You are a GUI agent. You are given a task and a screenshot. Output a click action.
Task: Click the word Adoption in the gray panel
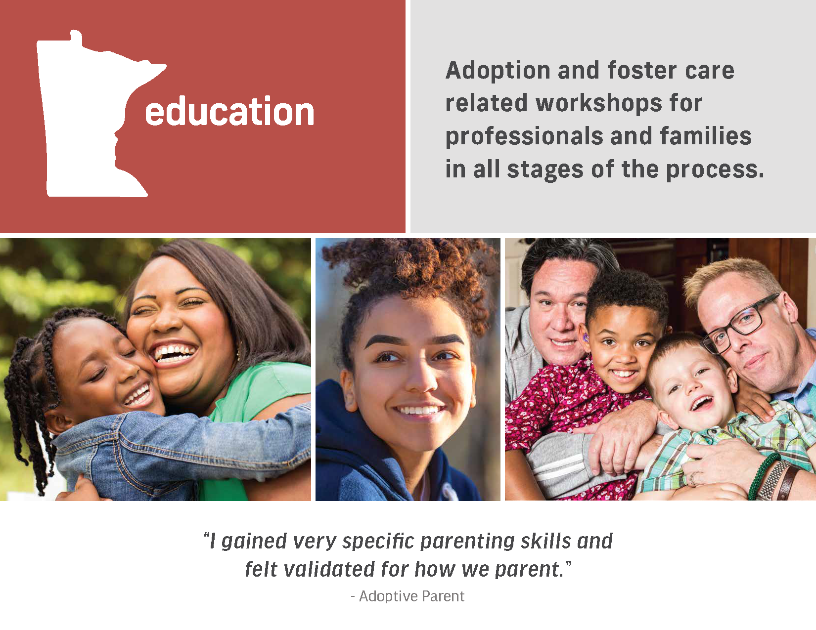(x=498, y=71)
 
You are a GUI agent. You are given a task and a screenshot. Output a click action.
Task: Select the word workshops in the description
(x=598, y=104)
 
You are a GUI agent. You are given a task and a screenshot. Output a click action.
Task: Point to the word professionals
(x=524, y=136)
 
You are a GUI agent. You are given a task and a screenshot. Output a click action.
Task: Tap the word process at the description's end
(x=715, y=170)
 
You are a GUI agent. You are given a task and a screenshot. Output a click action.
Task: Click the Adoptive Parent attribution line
(x=408, y=596)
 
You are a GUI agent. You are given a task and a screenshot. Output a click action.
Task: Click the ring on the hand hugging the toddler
(x=693, y=478)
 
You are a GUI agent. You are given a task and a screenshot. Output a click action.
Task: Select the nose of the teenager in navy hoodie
(x=420, y=379)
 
